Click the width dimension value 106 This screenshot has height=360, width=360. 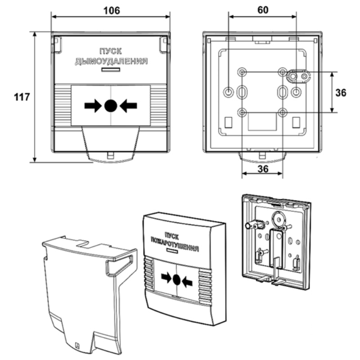(111, 10)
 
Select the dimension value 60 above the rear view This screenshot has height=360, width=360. (263, 10)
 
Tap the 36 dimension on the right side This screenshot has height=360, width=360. (341, 92)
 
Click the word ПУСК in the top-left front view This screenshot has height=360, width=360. (111, 52)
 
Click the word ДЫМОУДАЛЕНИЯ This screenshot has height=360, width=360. (111, 61)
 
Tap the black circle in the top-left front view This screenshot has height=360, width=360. (111, 106)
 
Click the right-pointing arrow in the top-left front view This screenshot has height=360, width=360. (93, 106)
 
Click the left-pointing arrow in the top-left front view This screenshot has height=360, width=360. (128, 106)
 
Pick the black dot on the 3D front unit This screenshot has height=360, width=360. (176, 280)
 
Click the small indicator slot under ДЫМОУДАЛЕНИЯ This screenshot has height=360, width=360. (111, 70)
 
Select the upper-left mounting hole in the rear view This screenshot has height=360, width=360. (243, 72)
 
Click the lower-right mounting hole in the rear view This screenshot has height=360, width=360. (283, 112)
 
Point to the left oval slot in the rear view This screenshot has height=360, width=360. (242, 92)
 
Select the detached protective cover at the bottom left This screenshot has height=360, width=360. (85, 292)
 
